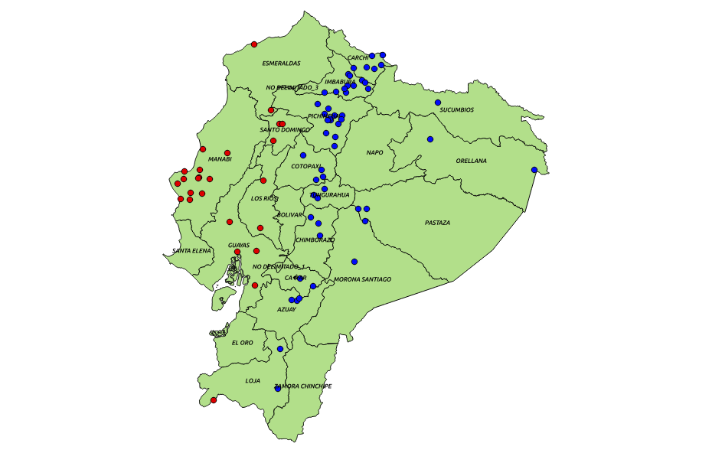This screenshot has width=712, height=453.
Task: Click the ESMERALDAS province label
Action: [281, 64]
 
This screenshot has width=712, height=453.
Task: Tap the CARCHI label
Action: [358, 58]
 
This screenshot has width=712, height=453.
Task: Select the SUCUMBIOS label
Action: [456, 110]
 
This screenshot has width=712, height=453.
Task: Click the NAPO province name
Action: [374, 153]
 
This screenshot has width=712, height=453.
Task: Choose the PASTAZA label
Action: [437, 223]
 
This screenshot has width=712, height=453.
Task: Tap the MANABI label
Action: [219, 159]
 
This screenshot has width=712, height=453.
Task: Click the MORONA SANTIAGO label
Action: [362, 280]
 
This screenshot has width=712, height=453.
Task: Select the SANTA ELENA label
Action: [191, 251]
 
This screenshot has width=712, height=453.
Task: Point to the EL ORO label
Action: [242, 343]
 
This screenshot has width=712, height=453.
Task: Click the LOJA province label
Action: [253, 380]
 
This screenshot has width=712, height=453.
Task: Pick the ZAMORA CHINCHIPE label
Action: [303, 386]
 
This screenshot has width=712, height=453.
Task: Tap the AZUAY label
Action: [286, 309]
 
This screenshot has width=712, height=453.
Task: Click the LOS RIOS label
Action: [264, 198]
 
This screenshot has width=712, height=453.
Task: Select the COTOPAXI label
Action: [305, 166]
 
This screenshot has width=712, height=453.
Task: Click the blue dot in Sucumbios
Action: [438, 103]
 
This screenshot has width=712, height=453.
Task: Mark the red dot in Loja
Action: [214, 400]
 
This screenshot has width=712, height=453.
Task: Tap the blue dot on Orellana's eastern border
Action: [534, 170]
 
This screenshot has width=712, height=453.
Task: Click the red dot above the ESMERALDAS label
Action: [254, 44]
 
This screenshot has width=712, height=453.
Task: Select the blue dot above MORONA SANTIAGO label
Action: [354, 262]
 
